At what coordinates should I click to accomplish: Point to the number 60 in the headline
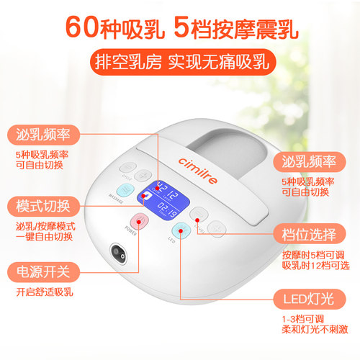pyautogui.click(x=82, y=27)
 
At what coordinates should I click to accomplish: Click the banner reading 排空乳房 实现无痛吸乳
pyautogui.click(x=180, y=62)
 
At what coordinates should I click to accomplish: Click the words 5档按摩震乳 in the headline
pyautogui.click(x=236, y=27)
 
